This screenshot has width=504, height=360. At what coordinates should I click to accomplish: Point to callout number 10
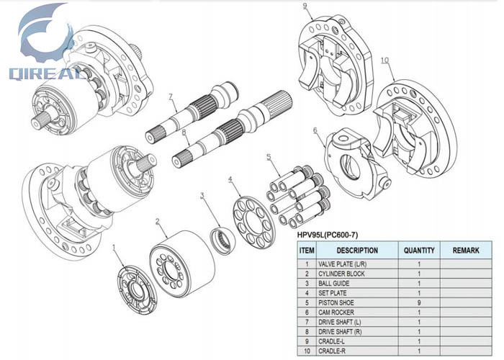pos(384,60)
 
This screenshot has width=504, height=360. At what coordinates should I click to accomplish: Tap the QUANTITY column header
pos(419,251)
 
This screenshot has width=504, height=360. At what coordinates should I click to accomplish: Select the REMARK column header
pos(466,251)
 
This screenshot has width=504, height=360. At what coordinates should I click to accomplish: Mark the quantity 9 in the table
pos(419,303)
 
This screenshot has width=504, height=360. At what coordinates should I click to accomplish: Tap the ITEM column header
pos(307,251)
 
